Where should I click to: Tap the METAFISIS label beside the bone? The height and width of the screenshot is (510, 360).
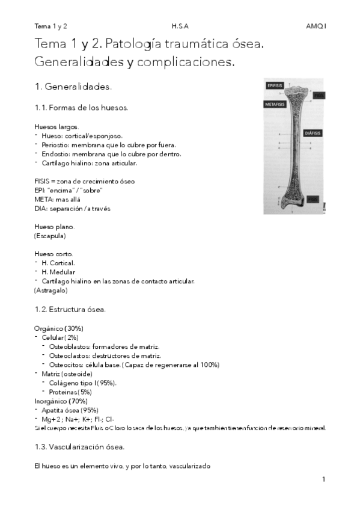[x=275, y=104]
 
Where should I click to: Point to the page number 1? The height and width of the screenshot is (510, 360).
[x=323, y=479]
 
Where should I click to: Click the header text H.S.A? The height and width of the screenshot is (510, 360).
[x=179, y=26]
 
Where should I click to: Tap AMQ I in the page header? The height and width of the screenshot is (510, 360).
[x=316, y=26]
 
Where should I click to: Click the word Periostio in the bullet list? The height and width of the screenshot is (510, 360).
[x=55, y=145]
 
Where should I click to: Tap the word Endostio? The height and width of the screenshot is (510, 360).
[x=55, y=154]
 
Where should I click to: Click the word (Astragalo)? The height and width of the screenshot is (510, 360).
[x=50, y=290]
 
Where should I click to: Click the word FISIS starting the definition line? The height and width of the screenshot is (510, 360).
[x=43, y=181]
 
